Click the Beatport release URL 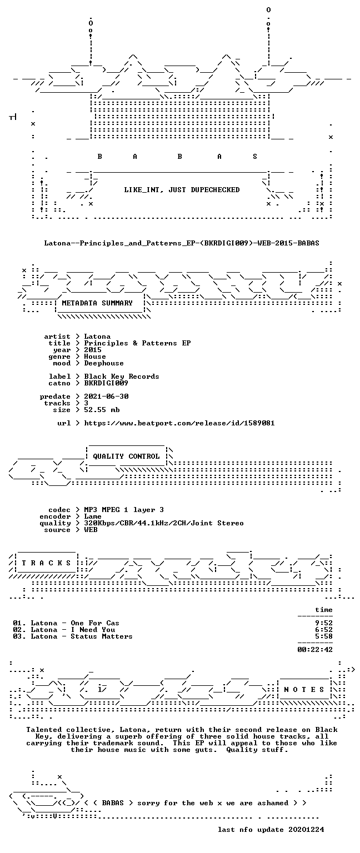(179, 423)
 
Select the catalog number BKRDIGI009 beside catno (106, 383)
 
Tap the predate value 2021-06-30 (106, 397)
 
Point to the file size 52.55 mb (102, 410)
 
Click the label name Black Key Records (122, 377)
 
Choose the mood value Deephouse (104, 363)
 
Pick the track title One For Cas (95, 623)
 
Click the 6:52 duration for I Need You (324, 630)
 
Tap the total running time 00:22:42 (315, 650)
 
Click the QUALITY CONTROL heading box (126, 456)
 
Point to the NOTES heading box (304, 690)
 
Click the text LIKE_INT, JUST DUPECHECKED (182, 189)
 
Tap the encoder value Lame (93, 516)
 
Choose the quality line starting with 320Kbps (164, 523)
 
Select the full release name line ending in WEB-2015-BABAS (182, 243)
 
